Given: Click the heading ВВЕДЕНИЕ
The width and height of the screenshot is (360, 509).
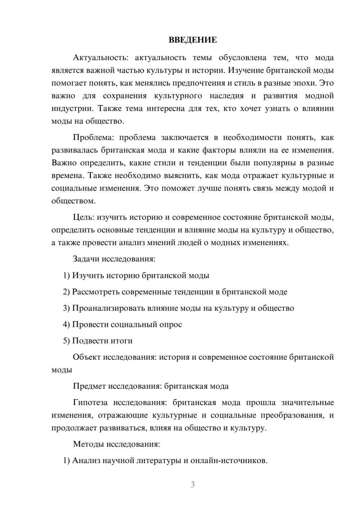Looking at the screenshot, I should (x=193, y=40).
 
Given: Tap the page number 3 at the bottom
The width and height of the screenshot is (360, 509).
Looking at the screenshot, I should (x=193, y=485).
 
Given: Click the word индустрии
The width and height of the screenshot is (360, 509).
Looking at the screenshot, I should (x=72, y=108).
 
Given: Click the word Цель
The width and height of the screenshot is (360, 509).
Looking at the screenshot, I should (x=84, y=217).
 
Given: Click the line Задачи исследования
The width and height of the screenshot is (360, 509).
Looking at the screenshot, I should (x=114, y=259).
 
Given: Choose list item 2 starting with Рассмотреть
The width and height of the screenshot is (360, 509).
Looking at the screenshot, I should (x=175, y=292).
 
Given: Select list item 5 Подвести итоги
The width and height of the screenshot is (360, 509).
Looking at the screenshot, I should (x=98, y=341).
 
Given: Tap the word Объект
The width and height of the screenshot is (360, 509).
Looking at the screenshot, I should (x=87, y=357).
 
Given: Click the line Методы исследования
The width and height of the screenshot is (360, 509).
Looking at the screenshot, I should (x=116, y=444).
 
